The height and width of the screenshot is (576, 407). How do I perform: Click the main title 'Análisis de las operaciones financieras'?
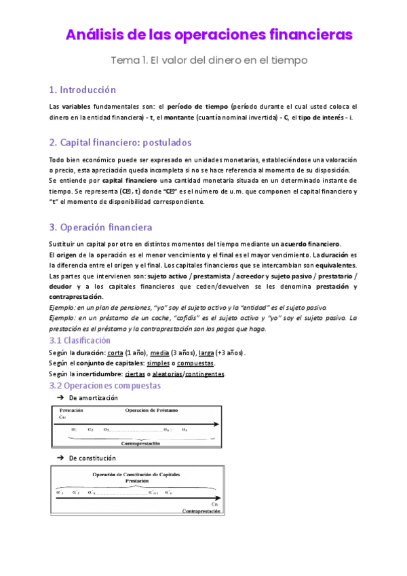[209, 34]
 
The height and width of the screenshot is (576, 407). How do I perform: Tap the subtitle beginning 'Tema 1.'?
[209, 60]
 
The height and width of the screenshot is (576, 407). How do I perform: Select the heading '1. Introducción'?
[83, 90]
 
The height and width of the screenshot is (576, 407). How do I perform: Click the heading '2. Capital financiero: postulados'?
[121, 143]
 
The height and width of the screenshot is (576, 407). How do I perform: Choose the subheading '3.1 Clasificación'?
[80, 340]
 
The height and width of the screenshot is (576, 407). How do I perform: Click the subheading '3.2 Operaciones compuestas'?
[105, 385]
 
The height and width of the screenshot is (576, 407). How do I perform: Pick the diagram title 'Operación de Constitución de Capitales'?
[141, 473]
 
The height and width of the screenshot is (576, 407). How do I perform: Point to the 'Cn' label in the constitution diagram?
[214, 503]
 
